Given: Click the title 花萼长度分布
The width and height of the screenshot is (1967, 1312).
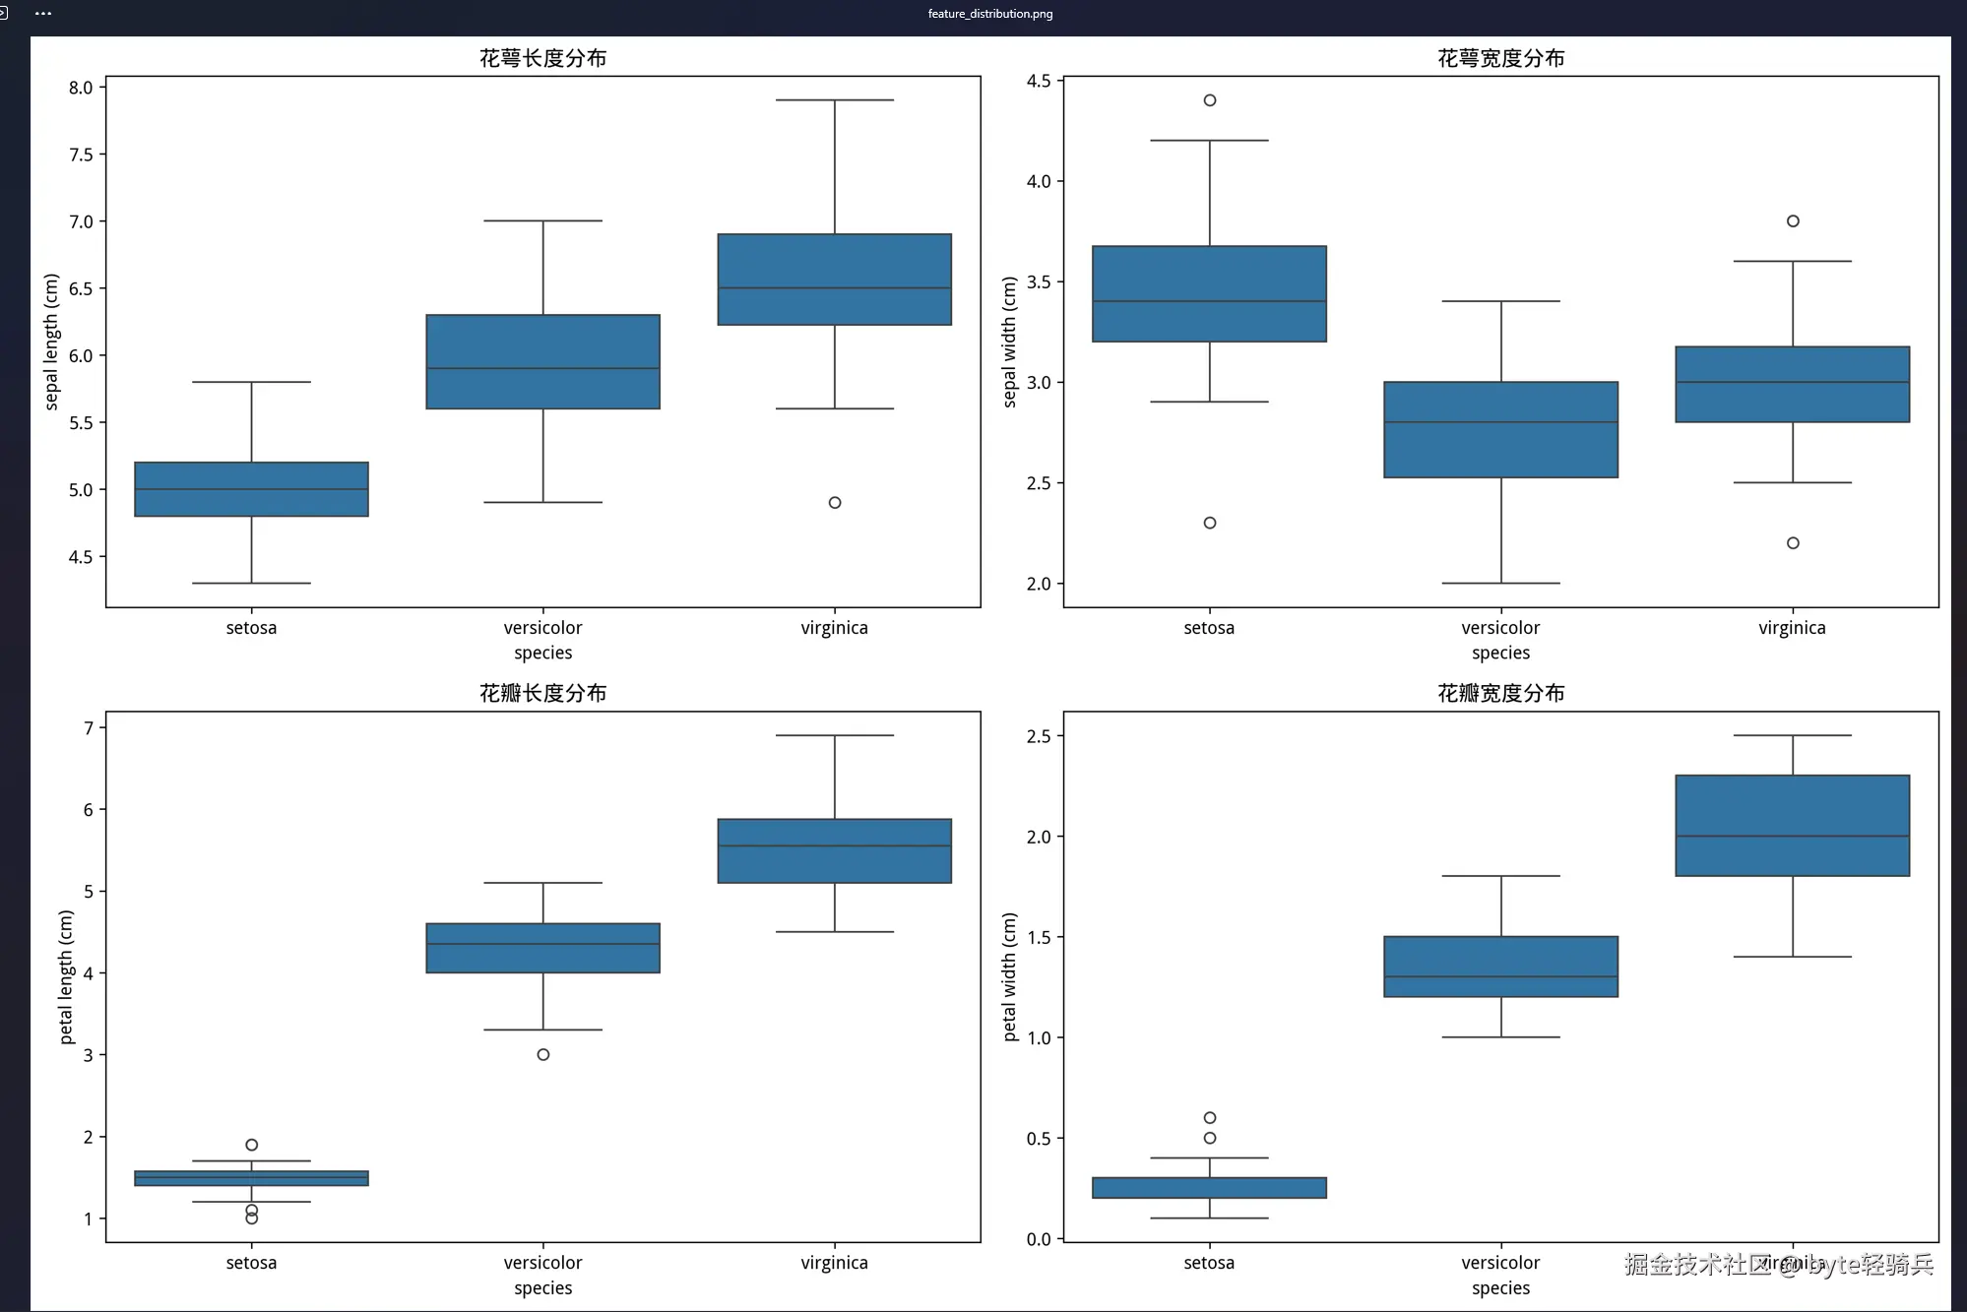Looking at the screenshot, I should coord(542,58).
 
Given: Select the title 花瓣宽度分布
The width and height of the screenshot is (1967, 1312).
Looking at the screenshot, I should coord(1500,693).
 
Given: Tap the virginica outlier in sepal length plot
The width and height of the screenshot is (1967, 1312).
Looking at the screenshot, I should coord(835,503).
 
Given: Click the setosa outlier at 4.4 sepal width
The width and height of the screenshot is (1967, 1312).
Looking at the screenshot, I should coord(1210,100).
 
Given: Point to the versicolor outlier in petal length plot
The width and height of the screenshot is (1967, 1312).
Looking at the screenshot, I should coord(543,1054).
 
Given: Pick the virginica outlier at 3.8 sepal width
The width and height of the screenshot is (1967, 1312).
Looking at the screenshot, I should coord(1793,221).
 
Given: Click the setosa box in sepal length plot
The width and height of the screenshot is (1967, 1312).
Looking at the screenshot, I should coord(251,489).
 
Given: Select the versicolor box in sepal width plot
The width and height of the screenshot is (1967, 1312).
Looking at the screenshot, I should coord(1500,430).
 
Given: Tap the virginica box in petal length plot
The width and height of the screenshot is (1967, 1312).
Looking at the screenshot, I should coord(835,850).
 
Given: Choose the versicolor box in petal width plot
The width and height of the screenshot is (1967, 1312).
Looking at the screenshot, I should coord(1500,967).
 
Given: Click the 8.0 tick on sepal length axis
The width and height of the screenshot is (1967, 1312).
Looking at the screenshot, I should coord(81,88).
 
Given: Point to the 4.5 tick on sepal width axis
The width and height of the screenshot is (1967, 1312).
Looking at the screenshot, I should coord(1039,81).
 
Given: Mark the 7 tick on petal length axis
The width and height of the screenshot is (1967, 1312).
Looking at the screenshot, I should coord(89,728).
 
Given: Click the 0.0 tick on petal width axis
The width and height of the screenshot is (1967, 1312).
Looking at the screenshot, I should coord(1039,1239).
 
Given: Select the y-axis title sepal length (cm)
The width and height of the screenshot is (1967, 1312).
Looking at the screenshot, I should coord(51,342).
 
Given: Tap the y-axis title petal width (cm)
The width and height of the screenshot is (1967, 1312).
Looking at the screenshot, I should coord(1009,976).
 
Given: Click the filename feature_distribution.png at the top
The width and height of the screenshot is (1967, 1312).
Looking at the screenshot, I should coord(989,14).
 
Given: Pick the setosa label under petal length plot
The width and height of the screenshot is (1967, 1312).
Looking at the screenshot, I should coord(251,1263).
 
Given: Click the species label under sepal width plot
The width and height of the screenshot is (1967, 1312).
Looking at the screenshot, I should coord(1500,653).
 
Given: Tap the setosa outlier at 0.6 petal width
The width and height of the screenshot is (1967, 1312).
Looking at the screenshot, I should coord(1210,1118).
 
